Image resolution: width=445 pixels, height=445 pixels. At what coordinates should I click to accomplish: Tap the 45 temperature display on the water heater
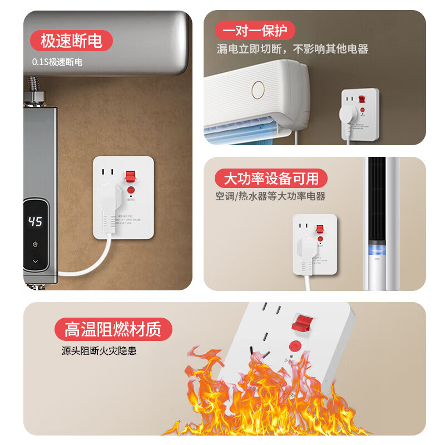[35, 222]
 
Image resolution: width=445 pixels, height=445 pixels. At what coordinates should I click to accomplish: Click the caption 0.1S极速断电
[57, 62]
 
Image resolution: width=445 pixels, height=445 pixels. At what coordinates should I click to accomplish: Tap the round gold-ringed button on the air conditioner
[258, 89]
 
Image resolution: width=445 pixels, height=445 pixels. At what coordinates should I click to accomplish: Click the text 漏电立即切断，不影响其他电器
[292, 49]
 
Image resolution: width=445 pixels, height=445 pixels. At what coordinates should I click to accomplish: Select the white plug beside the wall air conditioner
[348, 120]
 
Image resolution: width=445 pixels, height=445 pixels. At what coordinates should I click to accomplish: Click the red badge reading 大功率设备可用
[271, 179]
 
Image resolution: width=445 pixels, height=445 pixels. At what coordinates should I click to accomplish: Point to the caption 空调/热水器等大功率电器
[270, 196]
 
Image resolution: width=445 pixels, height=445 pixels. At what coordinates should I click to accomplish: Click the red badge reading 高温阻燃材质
[113, 330]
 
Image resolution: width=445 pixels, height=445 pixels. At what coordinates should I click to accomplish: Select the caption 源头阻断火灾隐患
[99, 351]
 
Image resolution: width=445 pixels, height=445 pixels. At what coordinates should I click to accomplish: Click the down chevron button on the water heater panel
[35, 261]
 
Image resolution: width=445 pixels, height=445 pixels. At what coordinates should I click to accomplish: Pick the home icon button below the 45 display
[35, 244]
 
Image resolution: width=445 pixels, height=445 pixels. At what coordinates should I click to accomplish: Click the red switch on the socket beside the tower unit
[320, 228]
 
